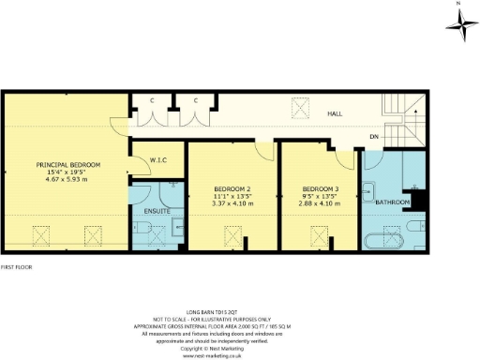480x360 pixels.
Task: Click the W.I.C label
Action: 157,159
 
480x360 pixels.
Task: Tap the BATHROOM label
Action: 392,202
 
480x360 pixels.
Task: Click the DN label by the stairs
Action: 374,137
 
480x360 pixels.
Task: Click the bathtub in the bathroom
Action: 382,240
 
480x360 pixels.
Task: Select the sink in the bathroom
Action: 368,185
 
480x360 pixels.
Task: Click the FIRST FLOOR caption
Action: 18,267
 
